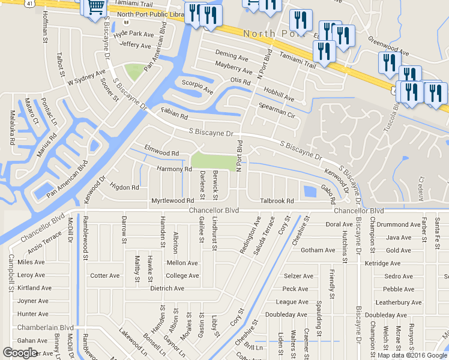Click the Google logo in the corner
[20, 353]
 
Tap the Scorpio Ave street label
[197, 87]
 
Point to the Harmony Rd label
[174, 169]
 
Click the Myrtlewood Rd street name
[173, 200]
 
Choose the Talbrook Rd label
[277, 201]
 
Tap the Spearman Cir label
[277, 109]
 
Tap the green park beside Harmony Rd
[214, 161]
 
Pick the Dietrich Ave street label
[167, 289]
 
